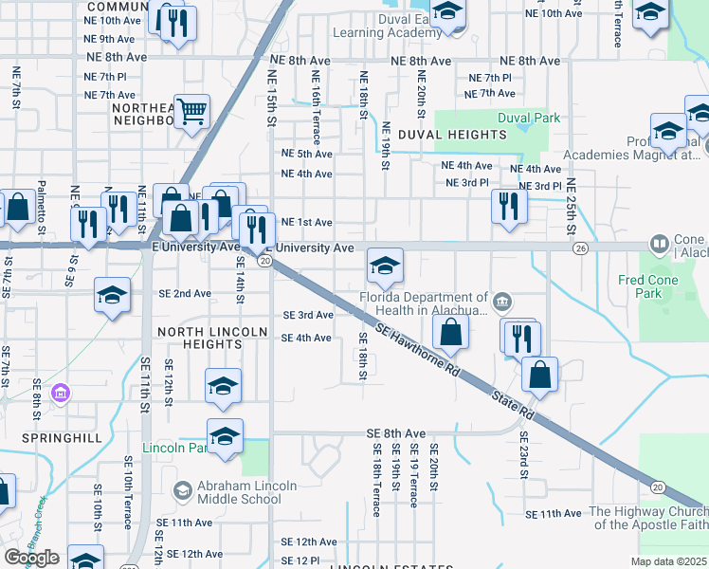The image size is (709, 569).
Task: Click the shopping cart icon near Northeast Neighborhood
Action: tap(191, 111)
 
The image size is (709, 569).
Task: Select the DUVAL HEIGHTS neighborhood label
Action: tap(445, 136)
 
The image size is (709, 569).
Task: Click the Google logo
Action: tap(31, 558)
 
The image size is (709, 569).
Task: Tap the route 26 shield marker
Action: tap(579, 248)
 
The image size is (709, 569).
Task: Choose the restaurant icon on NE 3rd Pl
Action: tap(509, 207)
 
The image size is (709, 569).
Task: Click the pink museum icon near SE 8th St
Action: tap(62, 392)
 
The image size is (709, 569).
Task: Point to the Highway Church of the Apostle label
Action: tap(648, 517)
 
